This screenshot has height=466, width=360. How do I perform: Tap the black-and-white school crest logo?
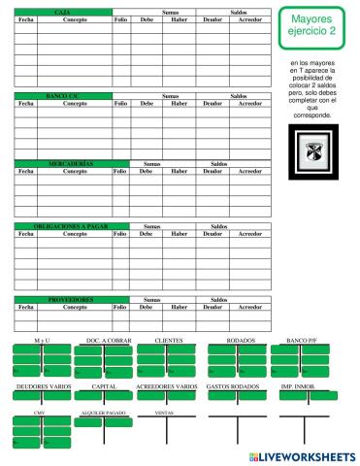point(312,151)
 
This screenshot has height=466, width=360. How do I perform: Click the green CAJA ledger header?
point(63,10)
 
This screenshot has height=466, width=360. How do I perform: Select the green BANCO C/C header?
point(63,95)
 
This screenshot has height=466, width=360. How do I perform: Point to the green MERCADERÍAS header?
point(63,164)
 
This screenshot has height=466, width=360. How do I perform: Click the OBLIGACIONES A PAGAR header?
point(63,226)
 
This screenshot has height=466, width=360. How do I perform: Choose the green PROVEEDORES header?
point(63,300)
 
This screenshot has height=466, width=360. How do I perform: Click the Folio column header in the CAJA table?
point(120,18)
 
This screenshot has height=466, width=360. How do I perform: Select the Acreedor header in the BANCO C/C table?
point(250,103)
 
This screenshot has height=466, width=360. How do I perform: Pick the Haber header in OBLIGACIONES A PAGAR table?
point(179,234)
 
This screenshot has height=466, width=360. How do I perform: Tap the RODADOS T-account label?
point(241,342)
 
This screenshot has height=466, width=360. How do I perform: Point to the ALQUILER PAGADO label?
point(103,413)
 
